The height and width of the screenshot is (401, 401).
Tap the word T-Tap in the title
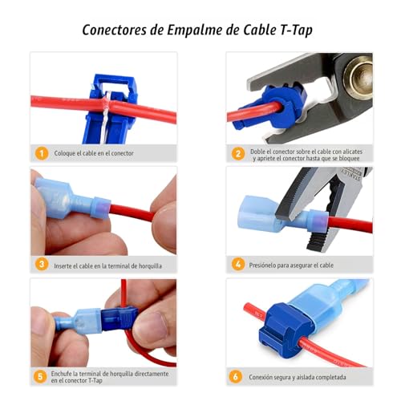(296, 30)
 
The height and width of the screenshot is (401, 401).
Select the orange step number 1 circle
(42, 153)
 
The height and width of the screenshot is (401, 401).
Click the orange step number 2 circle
(238, 154)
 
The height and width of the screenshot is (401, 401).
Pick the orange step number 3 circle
(42, 264)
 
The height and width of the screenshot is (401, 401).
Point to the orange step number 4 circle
(238, 264)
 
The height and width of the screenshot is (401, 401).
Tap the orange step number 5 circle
(40, 376)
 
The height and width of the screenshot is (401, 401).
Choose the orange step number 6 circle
(236, 376)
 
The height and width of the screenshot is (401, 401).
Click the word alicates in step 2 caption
(352, 152)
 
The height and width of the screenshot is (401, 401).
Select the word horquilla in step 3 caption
(150, 266)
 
